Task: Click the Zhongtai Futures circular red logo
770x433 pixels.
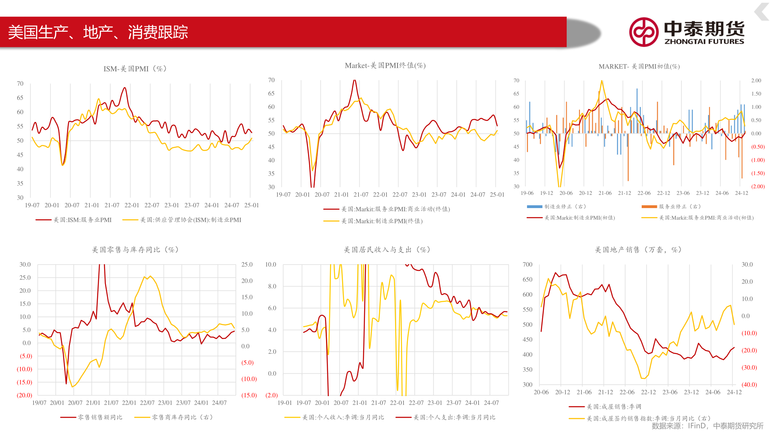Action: (x=643, y=32)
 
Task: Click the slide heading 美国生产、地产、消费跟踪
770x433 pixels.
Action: (x=98, y=32)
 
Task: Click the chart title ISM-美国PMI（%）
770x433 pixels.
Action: (x=135, y=69)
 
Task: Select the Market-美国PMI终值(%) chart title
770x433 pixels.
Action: (x=385, y=66)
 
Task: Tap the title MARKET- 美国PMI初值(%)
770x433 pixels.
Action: (x=639, y=67)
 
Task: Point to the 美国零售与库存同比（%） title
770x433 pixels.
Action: (x=135, y=250)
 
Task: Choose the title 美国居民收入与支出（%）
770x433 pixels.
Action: (x=387, y=250)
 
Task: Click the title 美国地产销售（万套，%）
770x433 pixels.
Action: (x=638, y=250)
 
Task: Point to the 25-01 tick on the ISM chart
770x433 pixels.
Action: (x=251, y=205)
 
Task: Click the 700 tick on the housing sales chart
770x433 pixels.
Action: (x=527, y=265)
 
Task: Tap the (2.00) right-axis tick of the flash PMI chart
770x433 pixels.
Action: (x=758, y=186)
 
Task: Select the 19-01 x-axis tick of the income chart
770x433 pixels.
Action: (x=285, y=403)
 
